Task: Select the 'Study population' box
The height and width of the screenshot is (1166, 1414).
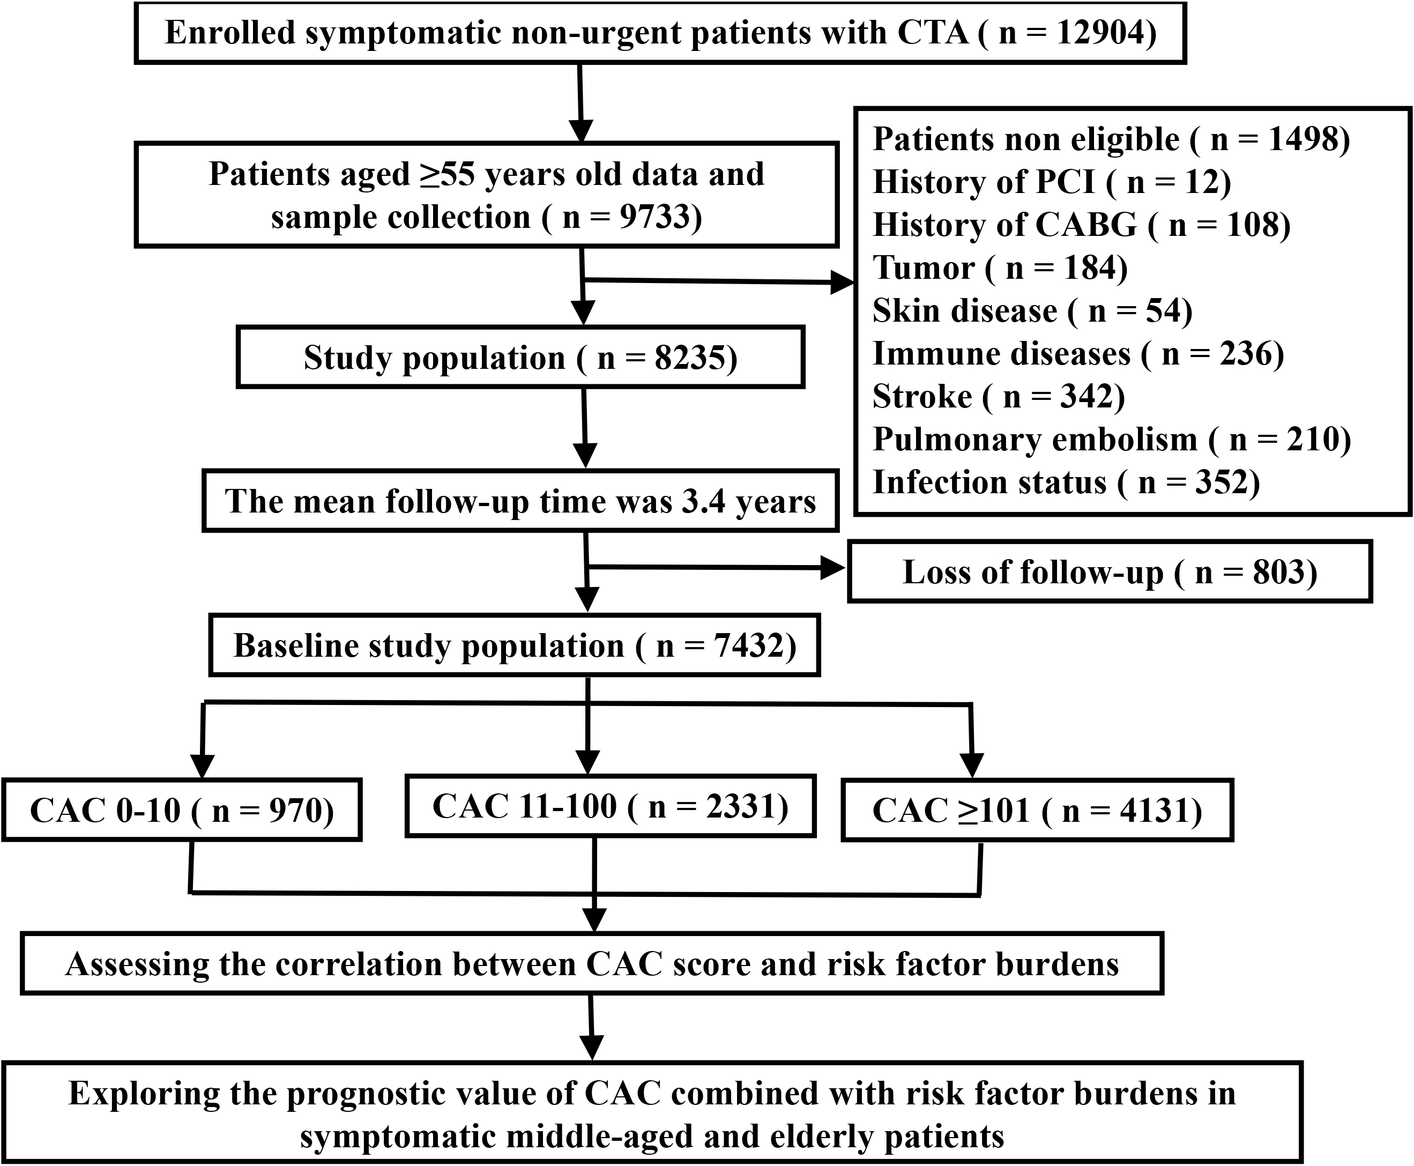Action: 520,358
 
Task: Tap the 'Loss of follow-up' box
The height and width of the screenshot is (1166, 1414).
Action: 1110,571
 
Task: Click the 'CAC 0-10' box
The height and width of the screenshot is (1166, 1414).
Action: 182,810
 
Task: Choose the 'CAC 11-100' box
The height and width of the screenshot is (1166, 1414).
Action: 611,806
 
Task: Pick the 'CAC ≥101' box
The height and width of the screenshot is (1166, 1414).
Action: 1037,810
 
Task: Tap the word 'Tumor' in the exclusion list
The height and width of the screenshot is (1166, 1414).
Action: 923,268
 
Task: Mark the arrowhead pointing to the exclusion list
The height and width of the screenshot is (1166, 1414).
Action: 842,283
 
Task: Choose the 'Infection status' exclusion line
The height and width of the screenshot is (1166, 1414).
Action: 1066,482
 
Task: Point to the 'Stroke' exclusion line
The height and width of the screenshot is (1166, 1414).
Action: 999,396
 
